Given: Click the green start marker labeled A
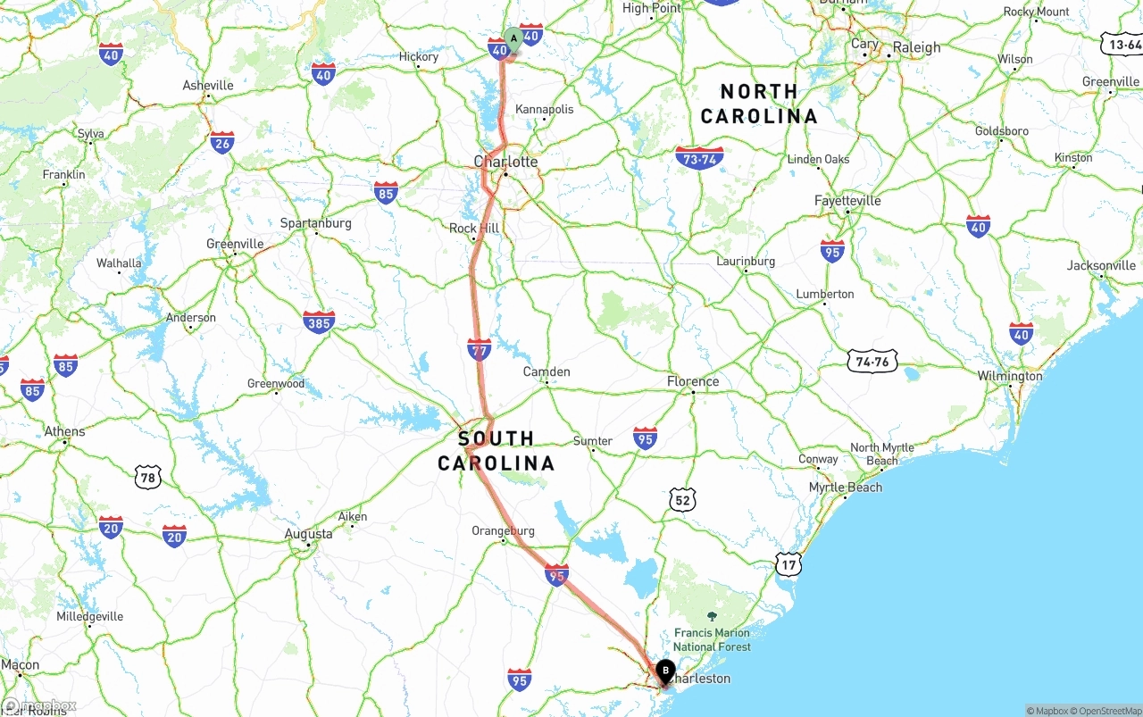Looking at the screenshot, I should click(513, 38).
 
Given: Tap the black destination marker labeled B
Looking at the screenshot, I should click(665, 671).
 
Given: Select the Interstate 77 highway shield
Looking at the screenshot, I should click(480, 349).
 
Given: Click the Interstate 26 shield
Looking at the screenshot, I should click(222, 142).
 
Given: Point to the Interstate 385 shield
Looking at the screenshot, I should click(319, 321).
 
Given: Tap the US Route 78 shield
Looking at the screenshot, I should click(148, 477).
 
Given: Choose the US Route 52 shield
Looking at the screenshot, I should click(682, 500).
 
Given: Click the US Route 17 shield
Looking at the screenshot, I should click(788, 563).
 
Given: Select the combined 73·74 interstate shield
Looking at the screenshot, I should click(699, 159).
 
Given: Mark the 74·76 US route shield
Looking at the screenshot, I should click(872, 361).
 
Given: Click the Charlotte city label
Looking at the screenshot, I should click(505, 162).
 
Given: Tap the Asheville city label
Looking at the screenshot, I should click(208, 86).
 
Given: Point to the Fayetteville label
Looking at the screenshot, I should click(847, 201).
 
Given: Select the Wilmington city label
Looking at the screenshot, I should click(1009, 376).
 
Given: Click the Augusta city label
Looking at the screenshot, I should click(308, 534).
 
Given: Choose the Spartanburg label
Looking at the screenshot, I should click(316, 223).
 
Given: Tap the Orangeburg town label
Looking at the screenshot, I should click(503, 530).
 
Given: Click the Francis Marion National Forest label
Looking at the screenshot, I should click(712, 639).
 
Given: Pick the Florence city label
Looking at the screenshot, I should click(693, 381).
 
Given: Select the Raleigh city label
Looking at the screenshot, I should click(916, 47).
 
